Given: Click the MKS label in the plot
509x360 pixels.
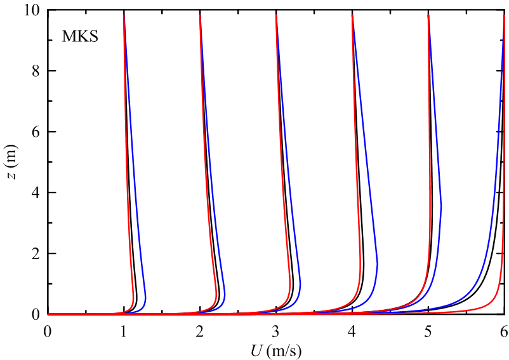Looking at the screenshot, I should coord(79,36).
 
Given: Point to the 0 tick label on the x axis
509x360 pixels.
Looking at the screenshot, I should coord(47,331).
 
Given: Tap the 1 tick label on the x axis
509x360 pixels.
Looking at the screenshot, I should coord(124,331).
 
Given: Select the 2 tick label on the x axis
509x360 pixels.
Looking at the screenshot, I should coord(200,331).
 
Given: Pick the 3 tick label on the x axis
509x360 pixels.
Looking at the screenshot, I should coord(275,331).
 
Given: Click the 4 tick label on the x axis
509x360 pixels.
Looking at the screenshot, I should coord(352,331).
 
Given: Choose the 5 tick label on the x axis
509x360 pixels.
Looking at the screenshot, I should coord(428,331).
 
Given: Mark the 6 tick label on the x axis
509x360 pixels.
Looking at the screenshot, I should coord(504,331).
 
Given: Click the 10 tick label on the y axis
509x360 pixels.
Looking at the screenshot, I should coord(32,11).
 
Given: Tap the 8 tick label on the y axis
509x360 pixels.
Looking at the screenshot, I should coord(36,71).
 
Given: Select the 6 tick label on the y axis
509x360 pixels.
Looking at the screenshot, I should coord(36,132).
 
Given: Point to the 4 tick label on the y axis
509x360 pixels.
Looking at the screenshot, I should coord(36,193).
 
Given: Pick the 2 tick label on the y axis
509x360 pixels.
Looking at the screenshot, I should coord(36,254).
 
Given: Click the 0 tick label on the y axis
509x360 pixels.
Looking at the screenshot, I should coord(36,314).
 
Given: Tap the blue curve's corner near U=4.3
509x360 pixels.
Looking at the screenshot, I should coord(378,264).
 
